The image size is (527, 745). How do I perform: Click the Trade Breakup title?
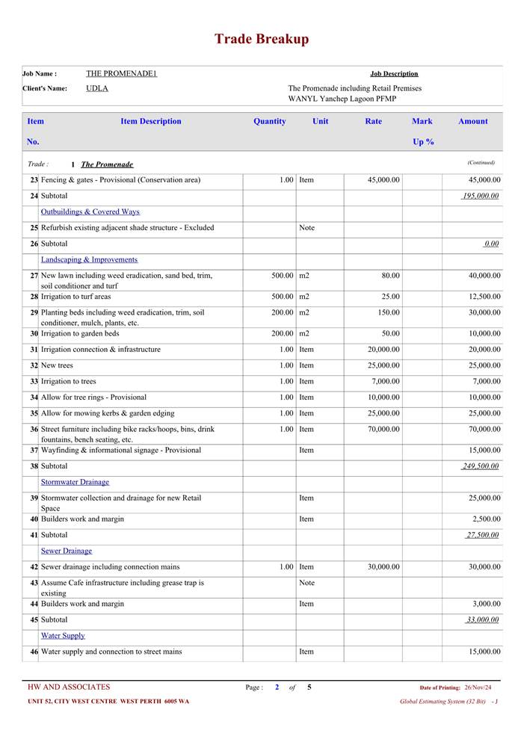pos(262,40)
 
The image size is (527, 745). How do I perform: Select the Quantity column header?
pos(269,122)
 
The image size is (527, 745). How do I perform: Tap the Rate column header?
pos(373,122)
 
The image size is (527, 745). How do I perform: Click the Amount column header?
pos(472,122)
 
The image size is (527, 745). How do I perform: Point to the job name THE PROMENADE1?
pos(121,74)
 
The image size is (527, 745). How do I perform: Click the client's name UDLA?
pos(97,88)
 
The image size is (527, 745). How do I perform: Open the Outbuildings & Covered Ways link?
pos(90,212)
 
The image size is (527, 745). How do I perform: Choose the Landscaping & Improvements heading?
pos(89,260)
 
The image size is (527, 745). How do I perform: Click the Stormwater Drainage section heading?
pos(75,483)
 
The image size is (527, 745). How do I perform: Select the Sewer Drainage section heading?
pos(67,551)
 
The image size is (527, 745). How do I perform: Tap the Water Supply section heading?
pos(63,636)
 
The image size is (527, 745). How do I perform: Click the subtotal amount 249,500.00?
pos(481,467)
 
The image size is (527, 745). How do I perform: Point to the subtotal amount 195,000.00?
pos(481,197)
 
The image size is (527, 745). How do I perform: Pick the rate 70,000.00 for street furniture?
pos(382,430)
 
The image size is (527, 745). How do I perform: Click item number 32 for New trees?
pos(34,366)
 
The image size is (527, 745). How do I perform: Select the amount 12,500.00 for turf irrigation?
pos(483,297)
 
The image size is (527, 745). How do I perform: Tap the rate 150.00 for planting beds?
pos(387,313)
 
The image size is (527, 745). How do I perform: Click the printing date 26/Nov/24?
pos(478,687)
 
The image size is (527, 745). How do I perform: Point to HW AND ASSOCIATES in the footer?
pos(69,687)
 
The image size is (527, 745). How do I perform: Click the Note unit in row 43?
pos(306,583)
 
